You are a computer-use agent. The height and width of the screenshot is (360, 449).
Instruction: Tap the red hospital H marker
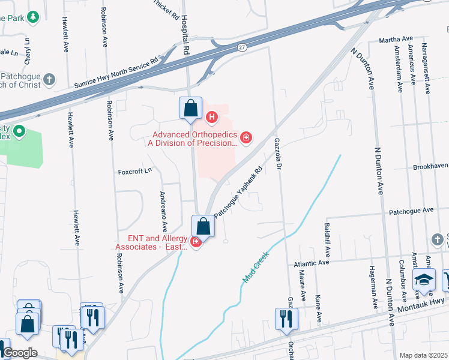tap(211, 116)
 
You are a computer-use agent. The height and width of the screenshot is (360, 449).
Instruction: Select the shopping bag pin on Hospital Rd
tap(190, 109)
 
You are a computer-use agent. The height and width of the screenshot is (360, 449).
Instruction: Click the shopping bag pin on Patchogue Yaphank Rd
tap(203, 227)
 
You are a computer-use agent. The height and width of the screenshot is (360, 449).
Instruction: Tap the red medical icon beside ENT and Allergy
tap(196, 242)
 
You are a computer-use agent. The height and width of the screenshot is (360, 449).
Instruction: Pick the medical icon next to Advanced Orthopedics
tap(246, 139)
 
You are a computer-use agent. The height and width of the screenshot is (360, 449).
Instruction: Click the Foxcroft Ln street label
tap(135, 170)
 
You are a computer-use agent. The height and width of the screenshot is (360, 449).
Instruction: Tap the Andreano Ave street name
tap(163, 211)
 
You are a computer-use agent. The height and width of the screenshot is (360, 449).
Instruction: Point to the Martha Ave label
tap(394, 40)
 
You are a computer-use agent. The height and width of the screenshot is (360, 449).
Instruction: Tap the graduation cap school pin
tap(424, 280)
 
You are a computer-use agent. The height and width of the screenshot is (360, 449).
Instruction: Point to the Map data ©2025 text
tap(423, 355)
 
